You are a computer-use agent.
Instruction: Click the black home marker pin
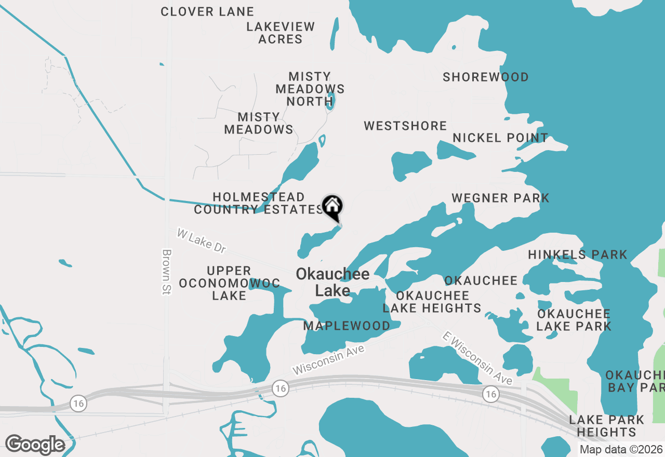click(332, 207)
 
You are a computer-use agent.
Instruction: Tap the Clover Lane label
click(207, 11)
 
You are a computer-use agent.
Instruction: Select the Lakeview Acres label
click(281, 33)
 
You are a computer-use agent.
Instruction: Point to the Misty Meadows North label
click(310, 89)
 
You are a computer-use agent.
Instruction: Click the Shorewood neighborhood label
click(486, 77)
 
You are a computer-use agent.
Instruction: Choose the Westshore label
click(405, 126)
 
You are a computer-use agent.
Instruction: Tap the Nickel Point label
click(500, 138)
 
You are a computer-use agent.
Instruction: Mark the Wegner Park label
click(500, 198)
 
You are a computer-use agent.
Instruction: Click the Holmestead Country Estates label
click(258, 203)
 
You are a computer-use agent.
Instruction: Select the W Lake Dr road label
click(201, 240)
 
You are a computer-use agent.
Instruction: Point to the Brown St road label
click(166, 272)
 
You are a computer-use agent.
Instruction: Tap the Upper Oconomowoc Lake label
click(229, 283)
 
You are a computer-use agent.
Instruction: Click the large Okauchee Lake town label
click(332, 282)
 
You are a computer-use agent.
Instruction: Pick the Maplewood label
click(347, 326)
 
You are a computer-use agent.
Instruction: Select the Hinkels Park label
click(578, 254)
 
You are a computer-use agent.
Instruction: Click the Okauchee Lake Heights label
click(432, 302)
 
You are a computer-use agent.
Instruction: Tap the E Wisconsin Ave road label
click(477, 358)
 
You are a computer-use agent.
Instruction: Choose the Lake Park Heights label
click(606, 425)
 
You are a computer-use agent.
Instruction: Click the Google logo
click(35, 445)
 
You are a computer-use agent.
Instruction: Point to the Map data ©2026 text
click(621, 449)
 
